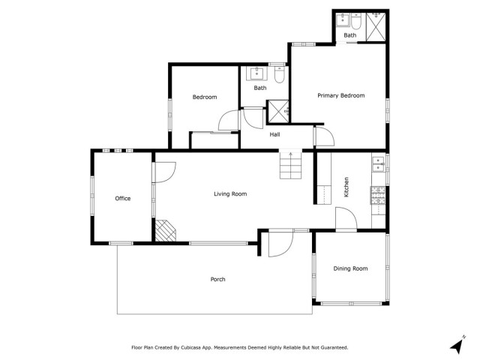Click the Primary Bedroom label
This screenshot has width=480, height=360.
point(340,95)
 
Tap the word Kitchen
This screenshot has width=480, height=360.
point(346,187)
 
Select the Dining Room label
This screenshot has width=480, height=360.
point(350,268)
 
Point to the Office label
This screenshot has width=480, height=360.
point(123,199)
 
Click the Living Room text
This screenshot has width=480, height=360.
point(230,194)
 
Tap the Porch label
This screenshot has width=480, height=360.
point(217,279)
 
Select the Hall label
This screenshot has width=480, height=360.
point(274,134)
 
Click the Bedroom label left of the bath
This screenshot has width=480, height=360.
point(204,97)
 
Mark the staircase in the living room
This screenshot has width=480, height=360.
point(291,164)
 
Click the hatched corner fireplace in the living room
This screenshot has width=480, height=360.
point(165,230)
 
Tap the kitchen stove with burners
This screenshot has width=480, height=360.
point(378,196)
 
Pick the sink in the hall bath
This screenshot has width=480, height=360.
point(258,73)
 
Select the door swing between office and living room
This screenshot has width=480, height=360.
point(163,172)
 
